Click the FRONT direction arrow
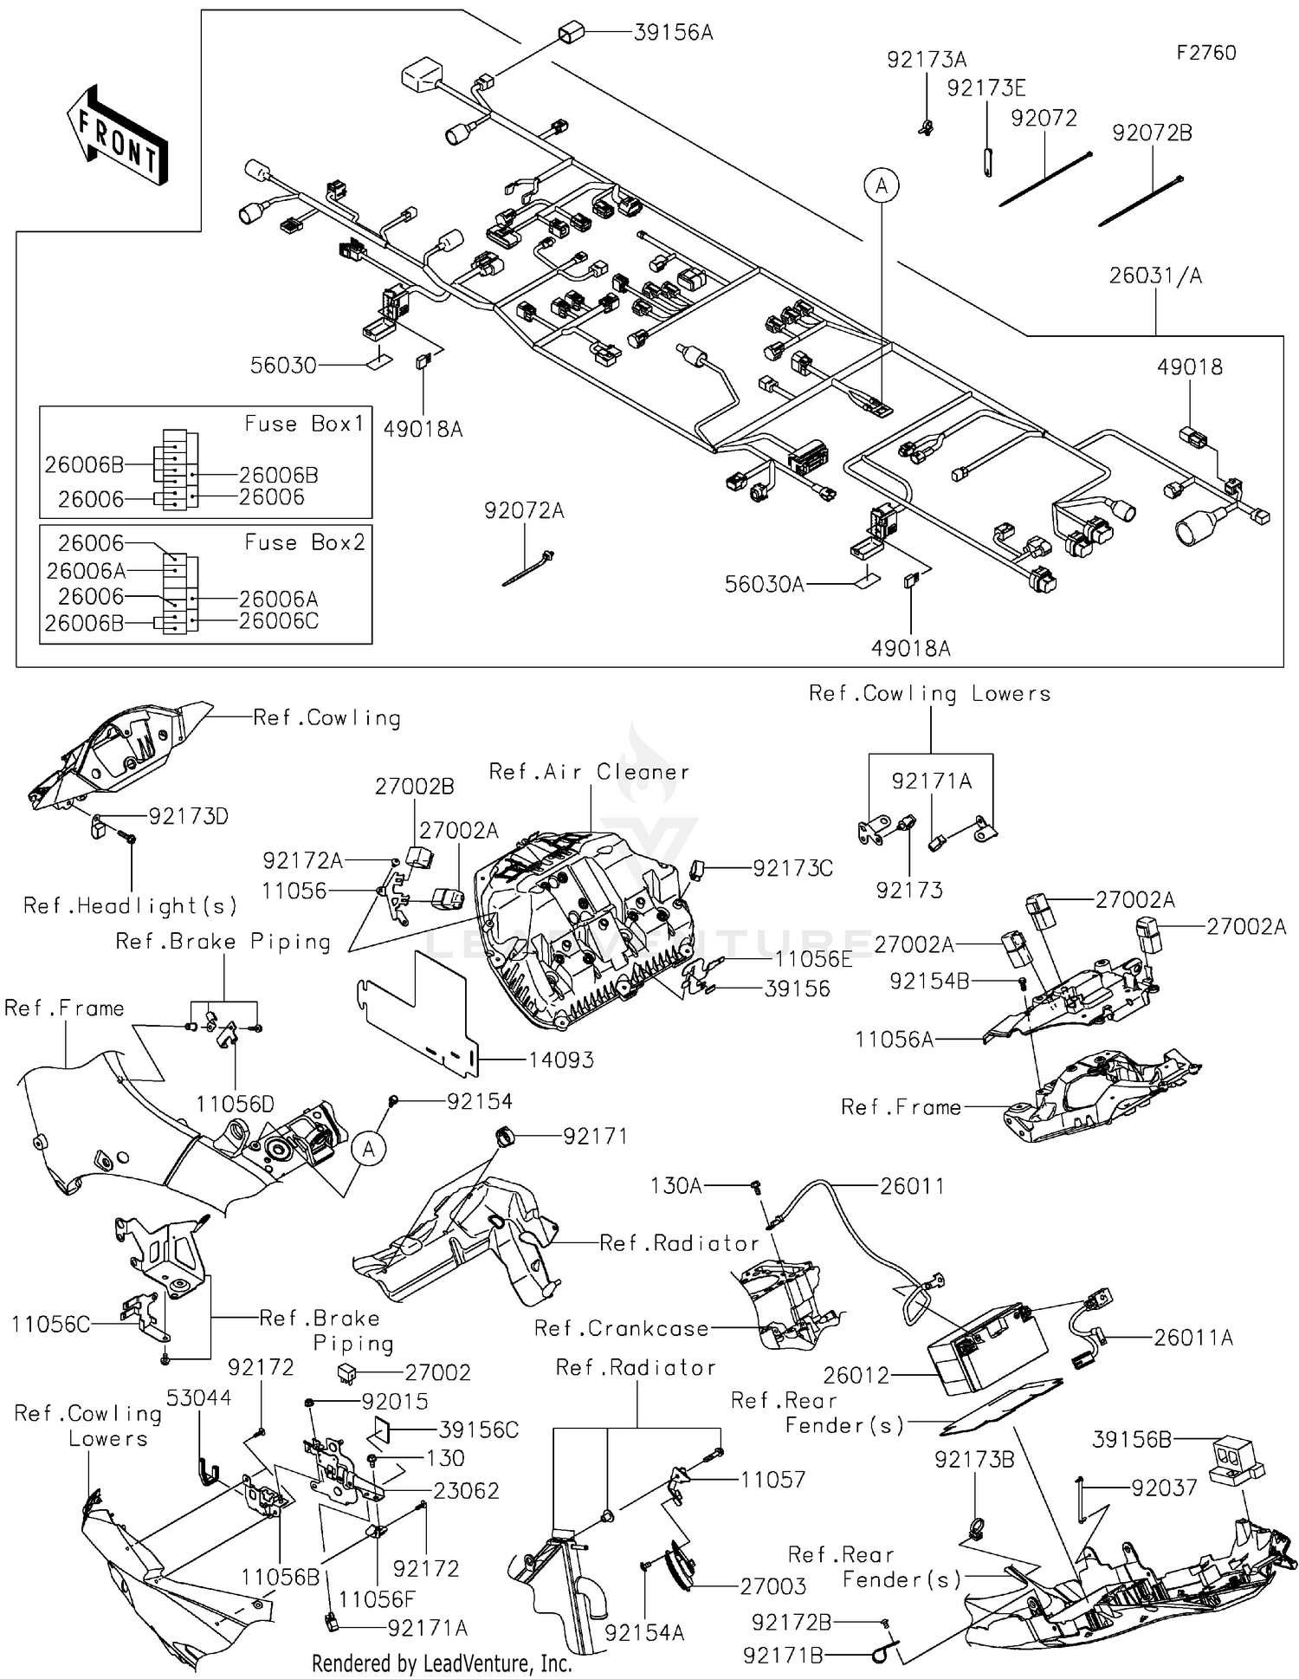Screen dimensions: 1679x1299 point(117,135)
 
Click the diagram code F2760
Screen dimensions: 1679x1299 point(1205,53)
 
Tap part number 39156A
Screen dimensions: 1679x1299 point(673,33)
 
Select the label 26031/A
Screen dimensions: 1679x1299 point(1155,276)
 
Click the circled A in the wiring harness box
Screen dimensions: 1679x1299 point(882,185)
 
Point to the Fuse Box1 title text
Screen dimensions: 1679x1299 point(304,424)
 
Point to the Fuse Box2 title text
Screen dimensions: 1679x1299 point(304,542)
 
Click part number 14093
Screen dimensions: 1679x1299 point(561,1060)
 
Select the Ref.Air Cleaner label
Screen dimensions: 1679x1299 point(589,771)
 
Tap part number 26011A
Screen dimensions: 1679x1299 point(1192,1338)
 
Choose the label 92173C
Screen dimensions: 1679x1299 point(792,868)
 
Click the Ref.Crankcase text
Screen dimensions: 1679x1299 point(621,1328)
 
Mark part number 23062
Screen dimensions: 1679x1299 point(466,1490)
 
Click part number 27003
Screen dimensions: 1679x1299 point(772,1586)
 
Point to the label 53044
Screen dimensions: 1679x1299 point(198,1397)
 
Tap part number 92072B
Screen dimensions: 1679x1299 point(1152,133)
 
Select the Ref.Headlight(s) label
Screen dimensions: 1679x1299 point(130,906)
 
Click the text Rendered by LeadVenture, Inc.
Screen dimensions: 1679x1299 point(442,1663)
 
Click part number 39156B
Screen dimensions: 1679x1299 point(1132,1439)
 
